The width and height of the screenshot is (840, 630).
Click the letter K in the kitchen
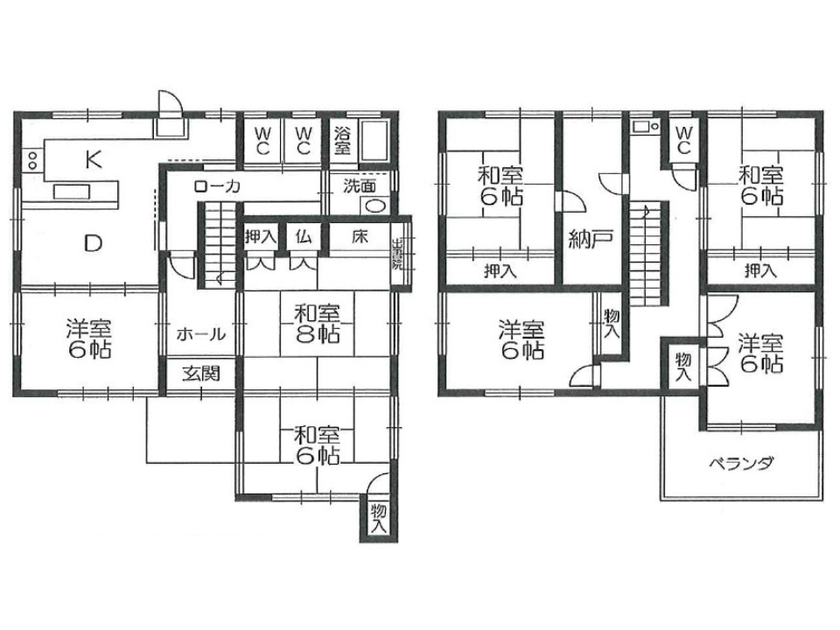tap(94, 159)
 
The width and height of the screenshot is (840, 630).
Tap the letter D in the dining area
tap(94, 244)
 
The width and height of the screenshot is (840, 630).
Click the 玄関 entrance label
tap(200, 374)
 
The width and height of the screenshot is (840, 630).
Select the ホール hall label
tap(201, 335)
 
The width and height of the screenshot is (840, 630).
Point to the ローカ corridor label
tap(217, 186)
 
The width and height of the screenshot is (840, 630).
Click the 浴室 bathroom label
tap(343, 140)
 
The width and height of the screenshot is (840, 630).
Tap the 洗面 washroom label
tap(360, 186)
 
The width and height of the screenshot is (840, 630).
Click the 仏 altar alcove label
tap(304, 235)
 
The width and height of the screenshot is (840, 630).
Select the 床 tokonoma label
tap(360, 235)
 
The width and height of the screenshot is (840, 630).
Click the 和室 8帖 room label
tap(317, 324)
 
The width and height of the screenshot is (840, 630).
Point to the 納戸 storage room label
tap(590, 239)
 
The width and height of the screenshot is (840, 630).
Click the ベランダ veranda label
tap(741, 463)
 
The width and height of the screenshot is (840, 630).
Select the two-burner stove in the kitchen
tap(32, 159)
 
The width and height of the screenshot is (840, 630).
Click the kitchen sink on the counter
tap(72, 192)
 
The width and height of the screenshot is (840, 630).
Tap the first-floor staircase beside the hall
tap(218, 245)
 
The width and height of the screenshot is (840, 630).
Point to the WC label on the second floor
tap(683, 140)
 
